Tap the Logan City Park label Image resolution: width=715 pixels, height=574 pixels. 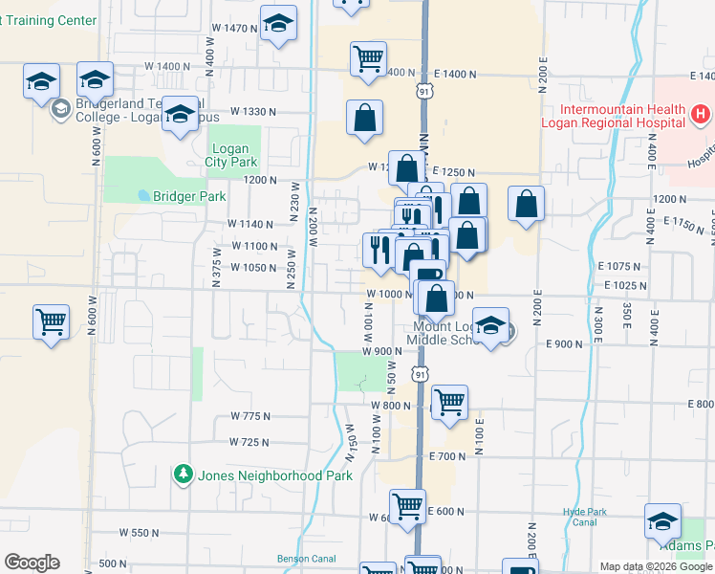coord(227,156)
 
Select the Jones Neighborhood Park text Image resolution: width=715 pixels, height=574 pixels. coord(274,475)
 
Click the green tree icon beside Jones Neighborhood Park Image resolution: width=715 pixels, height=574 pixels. coord(183,475)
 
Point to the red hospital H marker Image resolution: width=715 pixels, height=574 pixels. coord(701,115)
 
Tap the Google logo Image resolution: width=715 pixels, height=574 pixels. coord(32,563)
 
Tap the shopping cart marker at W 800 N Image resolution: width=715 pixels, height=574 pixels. coord(448,402)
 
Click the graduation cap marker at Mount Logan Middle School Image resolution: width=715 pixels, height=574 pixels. coord(491,326)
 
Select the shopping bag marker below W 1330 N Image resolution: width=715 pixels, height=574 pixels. coord(364,119)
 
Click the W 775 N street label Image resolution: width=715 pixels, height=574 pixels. coord(250,416)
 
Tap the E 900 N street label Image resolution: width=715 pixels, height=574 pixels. coord(564,343)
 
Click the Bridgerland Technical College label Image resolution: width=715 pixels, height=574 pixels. coord(124,110)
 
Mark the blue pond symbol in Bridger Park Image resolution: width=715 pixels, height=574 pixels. coord(143,195)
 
